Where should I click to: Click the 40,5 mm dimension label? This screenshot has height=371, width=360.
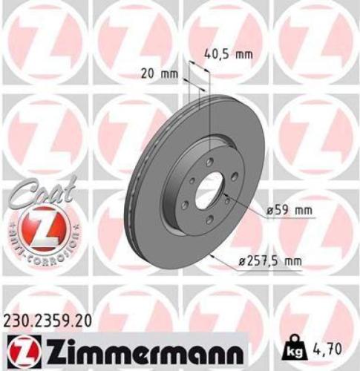coord(229,53)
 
